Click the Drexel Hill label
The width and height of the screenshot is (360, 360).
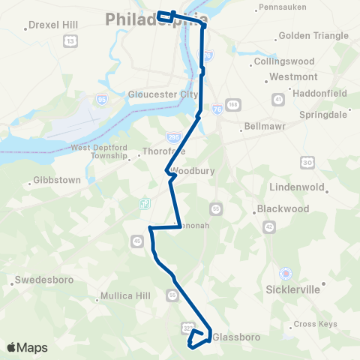[x=55, y=25]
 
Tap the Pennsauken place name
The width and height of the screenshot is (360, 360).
[x=282, y=7]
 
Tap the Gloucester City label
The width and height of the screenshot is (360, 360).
[x=162, y=94]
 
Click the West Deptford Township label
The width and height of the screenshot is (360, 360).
[x=99, y=152]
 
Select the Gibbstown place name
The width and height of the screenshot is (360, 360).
[x=52, y=181]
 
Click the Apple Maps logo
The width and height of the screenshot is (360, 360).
[x=27, y=347]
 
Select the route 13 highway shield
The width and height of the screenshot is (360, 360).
[x=70, y=41]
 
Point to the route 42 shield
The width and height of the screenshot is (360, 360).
[x=269, y=225]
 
